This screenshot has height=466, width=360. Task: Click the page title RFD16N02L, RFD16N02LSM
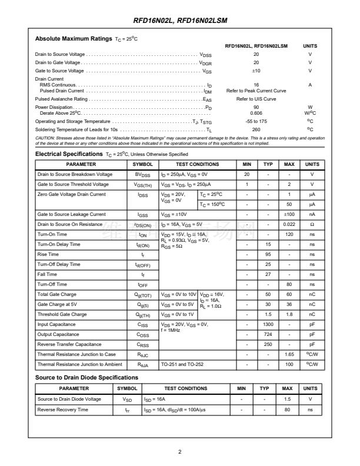(180, 21)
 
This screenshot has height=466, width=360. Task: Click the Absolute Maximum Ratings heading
(74, 39)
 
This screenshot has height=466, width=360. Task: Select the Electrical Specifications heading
(70, 154)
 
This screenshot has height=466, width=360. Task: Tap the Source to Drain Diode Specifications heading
(86, 377)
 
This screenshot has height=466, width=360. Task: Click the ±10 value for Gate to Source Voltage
(256, 71)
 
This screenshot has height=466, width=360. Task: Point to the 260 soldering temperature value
(256, 129)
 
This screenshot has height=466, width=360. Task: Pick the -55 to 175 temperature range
(256, 121)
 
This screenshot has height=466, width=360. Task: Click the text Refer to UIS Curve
(256, 99)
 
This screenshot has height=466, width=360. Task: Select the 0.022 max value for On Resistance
(289, 224)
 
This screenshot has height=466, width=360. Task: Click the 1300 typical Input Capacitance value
(268, 324)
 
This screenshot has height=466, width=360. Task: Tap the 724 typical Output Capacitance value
(268, 334)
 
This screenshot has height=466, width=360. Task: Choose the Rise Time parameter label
(48, 254)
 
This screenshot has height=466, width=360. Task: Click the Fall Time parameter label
(48, 274)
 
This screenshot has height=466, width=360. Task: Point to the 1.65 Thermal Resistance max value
(289, 354)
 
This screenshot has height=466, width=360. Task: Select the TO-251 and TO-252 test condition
(182, 364)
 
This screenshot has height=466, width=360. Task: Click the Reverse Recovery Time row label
(63, 409)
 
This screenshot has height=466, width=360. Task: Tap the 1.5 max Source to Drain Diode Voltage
(287, 399)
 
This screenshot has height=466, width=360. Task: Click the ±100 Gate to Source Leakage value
(289, 214)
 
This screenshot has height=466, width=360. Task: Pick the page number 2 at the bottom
(180, 451)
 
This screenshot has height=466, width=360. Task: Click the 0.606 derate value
(256, 112)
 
